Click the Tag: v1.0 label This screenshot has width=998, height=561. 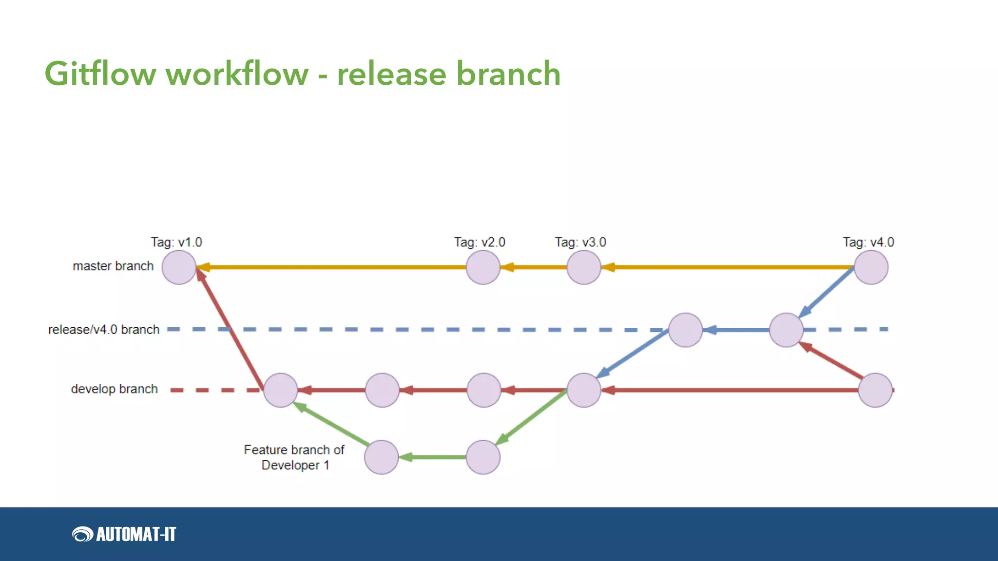[176, 242]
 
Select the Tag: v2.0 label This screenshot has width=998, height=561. [480, 242]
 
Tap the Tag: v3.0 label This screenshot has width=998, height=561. [580, 242]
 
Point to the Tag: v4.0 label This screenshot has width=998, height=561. [868, 242]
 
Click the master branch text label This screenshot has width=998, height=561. [113, 266]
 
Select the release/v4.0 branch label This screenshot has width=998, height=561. [104, 330]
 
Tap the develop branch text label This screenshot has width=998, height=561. [115, 389]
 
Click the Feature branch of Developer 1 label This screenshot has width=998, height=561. [294, 457]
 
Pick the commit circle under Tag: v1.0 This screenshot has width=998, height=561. [179, 267]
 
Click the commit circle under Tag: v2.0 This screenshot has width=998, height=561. [483, 267]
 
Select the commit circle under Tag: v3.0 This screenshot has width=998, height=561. [584, 267]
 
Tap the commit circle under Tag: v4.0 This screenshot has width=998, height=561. [871, 267]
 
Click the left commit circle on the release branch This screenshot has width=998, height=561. [686, 330]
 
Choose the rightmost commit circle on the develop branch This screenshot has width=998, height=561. [875, 390]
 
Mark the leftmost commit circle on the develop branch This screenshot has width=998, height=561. [281, 390]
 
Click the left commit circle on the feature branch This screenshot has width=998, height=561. [382, 457]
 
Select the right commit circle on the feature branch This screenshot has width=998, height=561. [483, 457]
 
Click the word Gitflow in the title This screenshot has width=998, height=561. [100, 74]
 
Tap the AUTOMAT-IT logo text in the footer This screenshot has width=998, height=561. [136, 534]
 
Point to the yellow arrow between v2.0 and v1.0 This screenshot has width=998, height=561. [331, 267]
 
